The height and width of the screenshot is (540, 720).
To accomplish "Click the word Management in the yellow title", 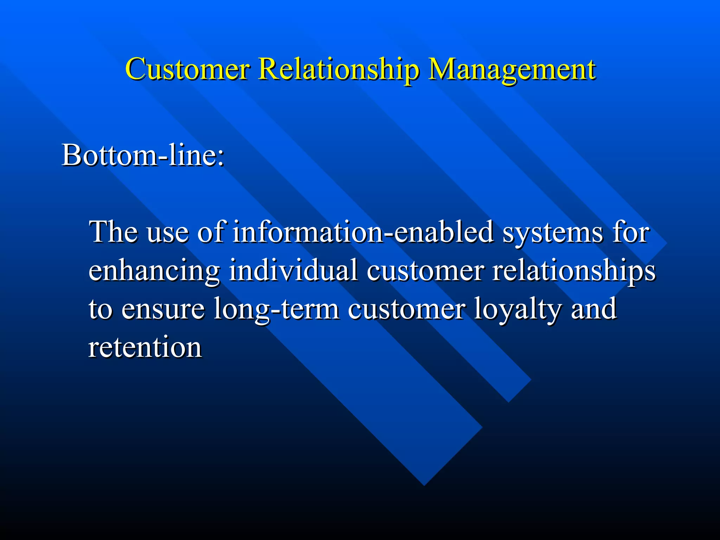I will pos(512,69).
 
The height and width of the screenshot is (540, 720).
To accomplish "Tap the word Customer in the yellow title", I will pos(187,69).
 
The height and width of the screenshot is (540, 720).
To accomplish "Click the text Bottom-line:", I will pos(143,155).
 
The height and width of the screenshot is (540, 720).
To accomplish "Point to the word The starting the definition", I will pos(113,232).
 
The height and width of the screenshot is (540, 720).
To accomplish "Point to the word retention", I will pos(145,347).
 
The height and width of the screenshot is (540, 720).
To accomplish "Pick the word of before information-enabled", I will pos(211,232).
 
